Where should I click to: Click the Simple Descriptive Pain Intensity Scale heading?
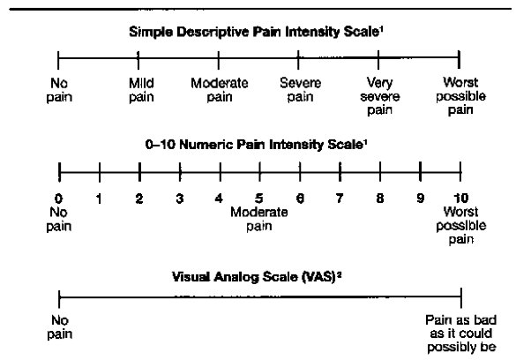point(256,33)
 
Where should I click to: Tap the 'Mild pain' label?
point(141,90)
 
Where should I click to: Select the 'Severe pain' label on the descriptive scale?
point(300,90)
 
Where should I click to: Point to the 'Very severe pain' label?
point(380,96)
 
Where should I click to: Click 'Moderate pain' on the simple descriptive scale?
point(220,90)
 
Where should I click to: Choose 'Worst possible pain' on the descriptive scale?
point(460,96)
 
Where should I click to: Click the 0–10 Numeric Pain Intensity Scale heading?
point(257,145)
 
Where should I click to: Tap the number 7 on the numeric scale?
point(340,199)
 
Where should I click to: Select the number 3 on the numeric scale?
point(179,199)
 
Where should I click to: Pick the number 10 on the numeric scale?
point(460,199)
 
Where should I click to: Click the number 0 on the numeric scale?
point(58,199)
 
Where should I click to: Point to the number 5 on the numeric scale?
point(259,199)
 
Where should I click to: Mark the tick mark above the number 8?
point(380,171)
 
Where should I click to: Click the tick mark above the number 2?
point(139,172)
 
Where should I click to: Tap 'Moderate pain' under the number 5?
point(259,219)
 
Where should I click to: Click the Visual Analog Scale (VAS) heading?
point(257,277)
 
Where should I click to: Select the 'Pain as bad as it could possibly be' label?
point(460,334)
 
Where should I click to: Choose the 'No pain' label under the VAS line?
point(60,327)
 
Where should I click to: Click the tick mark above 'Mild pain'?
point(138,60)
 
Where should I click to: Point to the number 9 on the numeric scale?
point(420,199)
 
